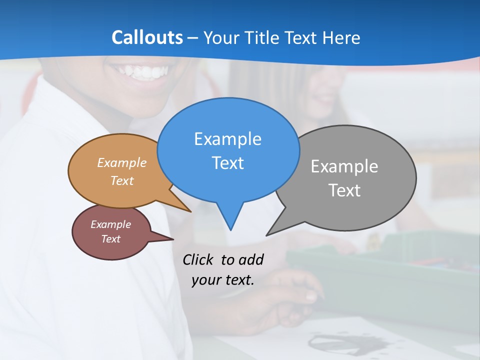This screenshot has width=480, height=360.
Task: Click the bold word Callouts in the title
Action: tap(147, 37)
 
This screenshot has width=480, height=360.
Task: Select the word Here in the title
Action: tap(341, 37)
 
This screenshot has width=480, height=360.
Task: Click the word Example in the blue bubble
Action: tap(227, 139)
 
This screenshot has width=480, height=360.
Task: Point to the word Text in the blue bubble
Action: tap(227, 163)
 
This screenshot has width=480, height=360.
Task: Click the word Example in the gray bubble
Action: tap(344, 166)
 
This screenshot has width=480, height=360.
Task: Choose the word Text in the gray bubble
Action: tap(344, 190)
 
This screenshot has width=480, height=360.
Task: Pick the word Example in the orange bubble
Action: tap(122, 163)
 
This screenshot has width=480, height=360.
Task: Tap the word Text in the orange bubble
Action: tap(122, 181)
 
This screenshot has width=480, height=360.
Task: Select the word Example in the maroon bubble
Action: tap(110, 224)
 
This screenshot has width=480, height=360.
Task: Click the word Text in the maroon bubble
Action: tap(110, 239)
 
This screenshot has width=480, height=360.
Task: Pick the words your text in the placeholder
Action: tap(223, 280)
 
